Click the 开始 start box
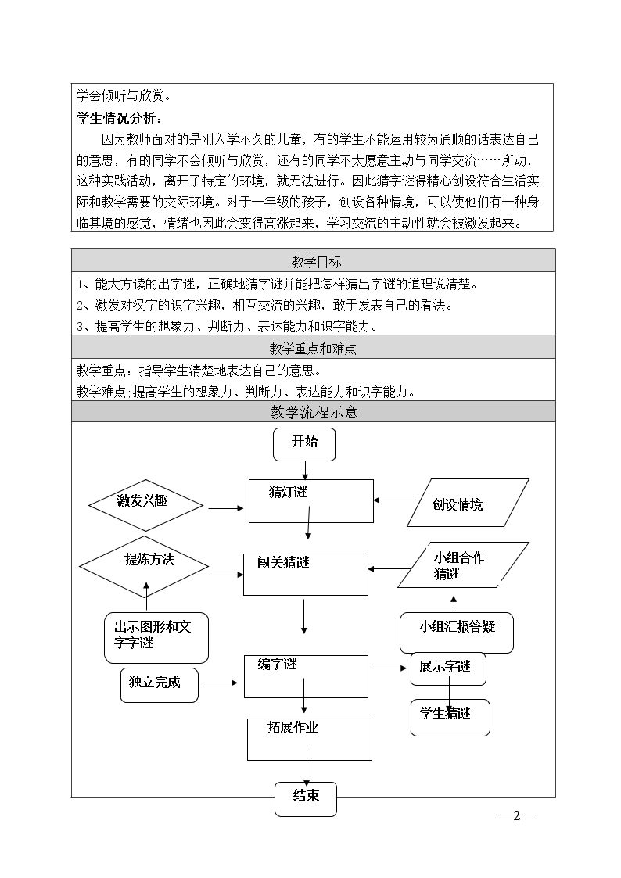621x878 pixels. tap(305, 443)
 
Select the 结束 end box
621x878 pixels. tap(306, 798)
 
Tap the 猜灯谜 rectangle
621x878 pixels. tap(310, 501)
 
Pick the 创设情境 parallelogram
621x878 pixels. tap(468, 503)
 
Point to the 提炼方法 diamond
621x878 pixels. tap(145, 564)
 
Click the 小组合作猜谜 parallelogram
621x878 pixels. tap(463, 565)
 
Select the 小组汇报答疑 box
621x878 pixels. tap(457, 633)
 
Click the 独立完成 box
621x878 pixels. tap(159, 684)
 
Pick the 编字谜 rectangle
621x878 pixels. tap(306, 676)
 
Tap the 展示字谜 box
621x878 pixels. tap(448, 668)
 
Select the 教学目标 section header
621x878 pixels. tap(313, 261)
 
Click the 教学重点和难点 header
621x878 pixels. tap(313, 349)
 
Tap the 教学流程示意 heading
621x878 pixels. tap(313, 412)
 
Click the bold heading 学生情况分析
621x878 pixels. tap(120, 119)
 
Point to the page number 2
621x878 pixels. tap(517, 816)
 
